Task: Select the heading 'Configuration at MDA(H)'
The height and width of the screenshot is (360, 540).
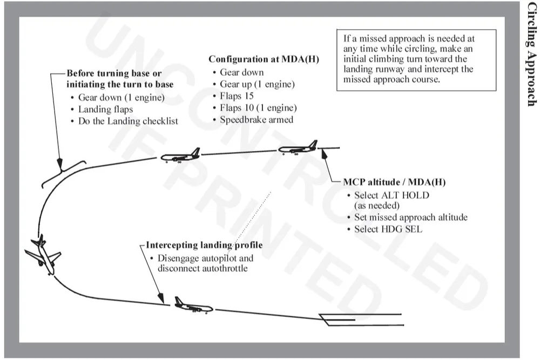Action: pos(264,59)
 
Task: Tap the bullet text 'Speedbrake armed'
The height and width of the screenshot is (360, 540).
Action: pos(256,120)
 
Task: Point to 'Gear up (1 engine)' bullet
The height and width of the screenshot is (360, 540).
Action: pos(257,84)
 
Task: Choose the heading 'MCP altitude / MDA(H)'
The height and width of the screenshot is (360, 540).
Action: pos(394,182)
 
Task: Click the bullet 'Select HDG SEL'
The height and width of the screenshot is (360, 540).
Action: pos(388,229)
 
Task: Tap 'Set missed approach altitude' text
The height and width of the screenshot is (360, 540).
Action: pos(410,218)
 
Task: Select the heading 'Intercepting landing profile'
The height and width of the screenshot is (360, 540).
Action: pos(205,245)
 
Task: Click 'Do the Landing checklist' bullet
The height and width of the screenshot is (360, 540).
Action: pos(128,121)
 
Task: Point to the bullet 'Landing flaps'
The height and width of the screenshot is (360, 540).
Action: pos(105,110)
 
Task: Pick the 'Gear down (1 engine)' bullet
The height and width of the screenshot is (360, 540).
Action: pos(121,98)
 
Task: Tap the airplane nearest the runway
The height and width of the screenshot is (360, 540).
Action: pos(192,305)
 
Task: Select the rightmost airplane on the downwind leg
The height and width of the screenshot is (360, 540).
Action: pos(298,147)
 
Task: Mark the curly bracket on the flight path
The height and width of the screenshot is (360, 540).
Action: pos(64,172)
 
